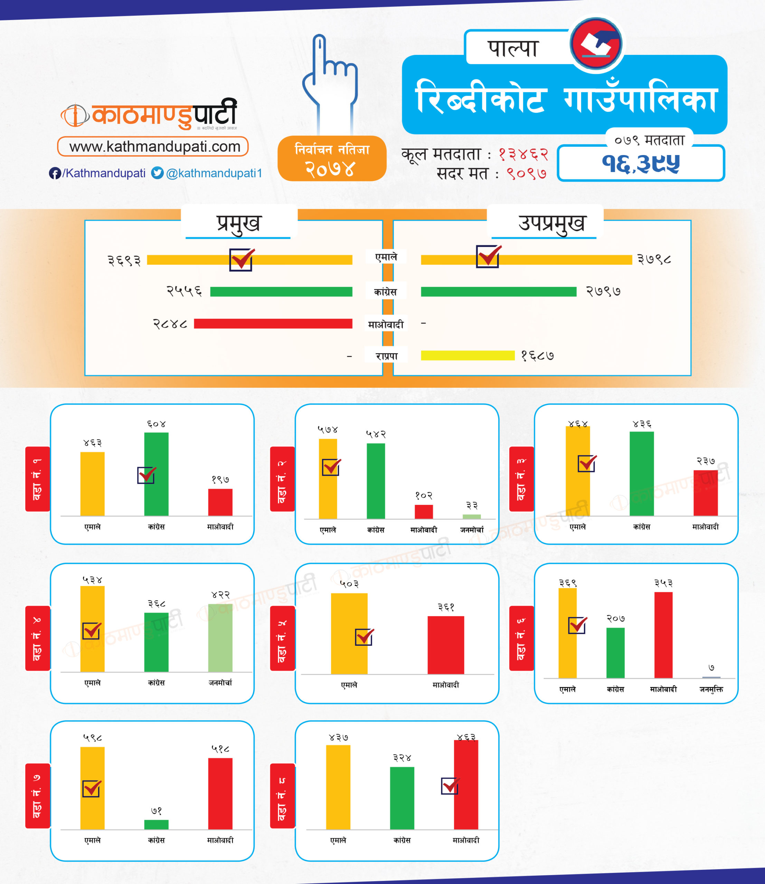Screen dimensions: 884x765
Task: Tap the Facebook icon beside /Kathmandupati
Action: click(55, 173)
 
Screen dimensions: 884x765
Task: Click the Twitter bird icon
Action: click(158, 173)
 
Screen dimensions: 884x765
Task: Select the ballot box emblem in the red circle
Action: click(596, 44)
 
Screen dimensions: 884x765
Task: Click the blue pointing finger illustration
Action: click(330, 81)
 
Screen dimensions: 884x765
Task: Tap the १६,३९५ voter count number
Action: click(641, 163)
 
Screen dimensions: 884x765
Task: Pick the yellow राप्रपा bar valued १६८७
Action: click(467, 355)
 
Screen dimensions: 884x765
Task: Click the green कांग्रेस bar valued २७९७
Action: click(498, 292)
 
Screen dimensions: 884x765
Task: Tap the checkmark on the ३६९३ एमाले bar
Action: click(242, 259)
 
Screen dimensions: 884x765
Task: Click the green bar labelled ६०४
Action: click(156, 473)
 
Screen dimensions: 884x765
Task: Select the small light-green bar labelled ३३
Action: click(471, 517)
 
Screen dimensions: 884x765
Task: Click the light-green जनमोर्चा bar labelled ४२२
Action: click(220, 638)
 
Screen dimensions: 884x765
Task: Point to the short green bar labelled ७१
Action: click(156, 824)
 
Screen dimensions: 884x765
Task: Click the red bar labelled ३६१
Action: click(446, 645)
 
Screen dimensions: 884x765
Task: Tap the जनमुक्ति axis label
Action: click(711, 689)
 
